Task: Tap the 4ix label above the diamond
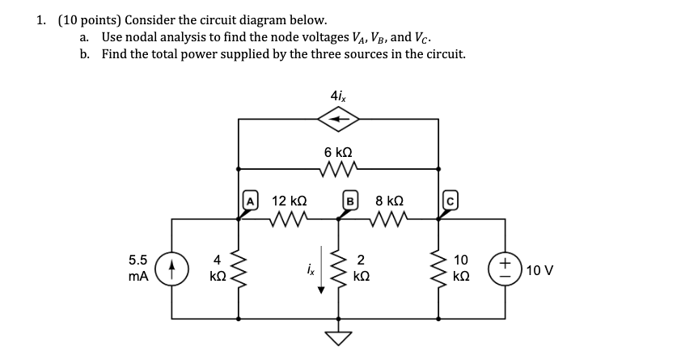point(339,95)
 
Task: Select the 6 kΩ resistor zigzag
point(338,169)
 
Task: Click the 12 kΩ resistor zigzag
point(288,218)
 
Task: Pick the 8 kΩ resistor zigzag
point(390,218)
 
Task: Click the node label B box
point(351,200)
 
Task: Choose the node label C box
point(450,200)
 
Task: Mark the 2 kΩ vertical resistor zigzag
point(340,268)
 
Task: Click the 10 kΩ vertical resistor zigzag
point(440,268)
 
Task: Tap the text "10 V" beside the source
point(539,269)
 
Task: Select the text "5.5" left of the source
point(138,260)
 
